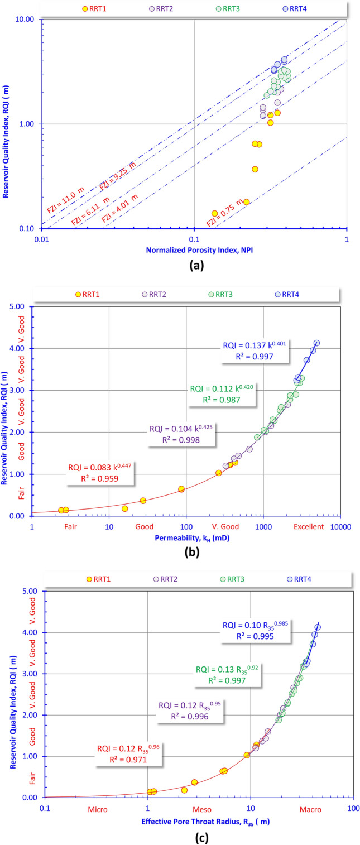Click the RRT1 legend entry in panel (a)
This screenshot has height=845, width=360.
96,8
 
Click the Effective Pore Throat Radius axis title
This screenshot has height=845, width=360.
193,821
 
